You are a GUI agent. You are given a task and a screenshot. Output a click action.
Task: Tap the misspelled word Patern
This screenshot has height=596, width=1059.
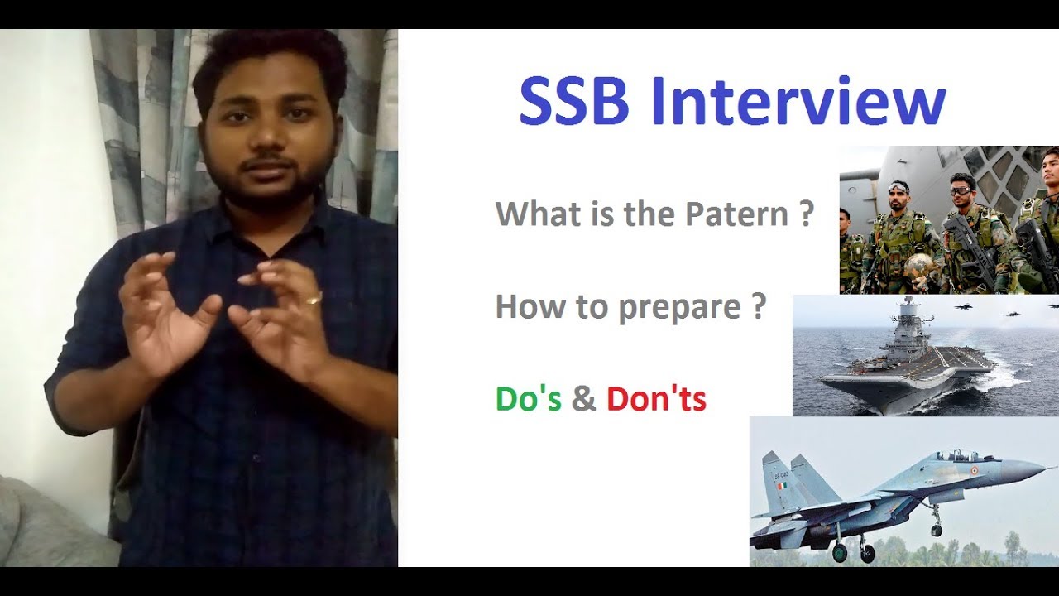tap(736, 215)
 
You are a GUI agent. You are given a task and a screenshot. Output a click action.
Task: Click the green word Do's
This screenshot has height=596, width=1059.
tap(528, 399)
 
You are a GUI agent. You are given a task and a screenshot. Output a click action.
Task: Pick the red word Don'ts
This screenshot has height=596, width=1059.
tap(656, 399)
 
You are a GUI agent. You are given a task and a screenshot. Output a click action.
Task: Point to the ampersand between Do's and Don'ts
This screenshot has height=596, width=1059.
tap(583, 399)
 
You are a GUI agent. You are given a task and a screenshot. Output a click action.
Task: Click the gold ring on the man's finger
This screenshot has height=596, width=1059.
tap(313, 298)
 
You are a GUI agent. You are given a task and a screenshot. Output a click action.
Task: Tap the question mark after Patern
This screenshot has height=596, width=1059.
tap(807, 215)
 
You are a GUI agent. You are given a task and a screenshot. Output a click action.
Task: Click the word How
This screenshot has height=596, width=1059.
tap(522, 307)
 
